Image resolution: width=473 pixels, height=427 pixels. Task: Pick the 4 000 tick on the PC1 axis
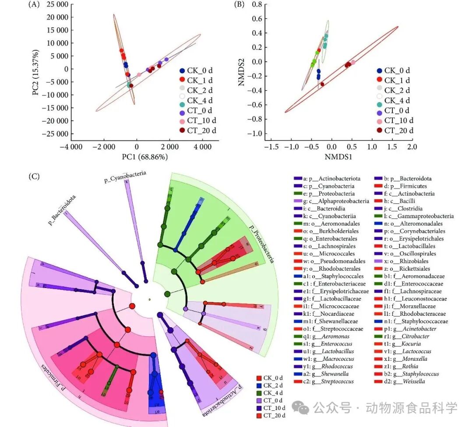click(203, 147)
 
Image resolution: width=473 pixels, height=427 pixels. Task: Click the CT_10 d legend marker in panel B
click(379, 120)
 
